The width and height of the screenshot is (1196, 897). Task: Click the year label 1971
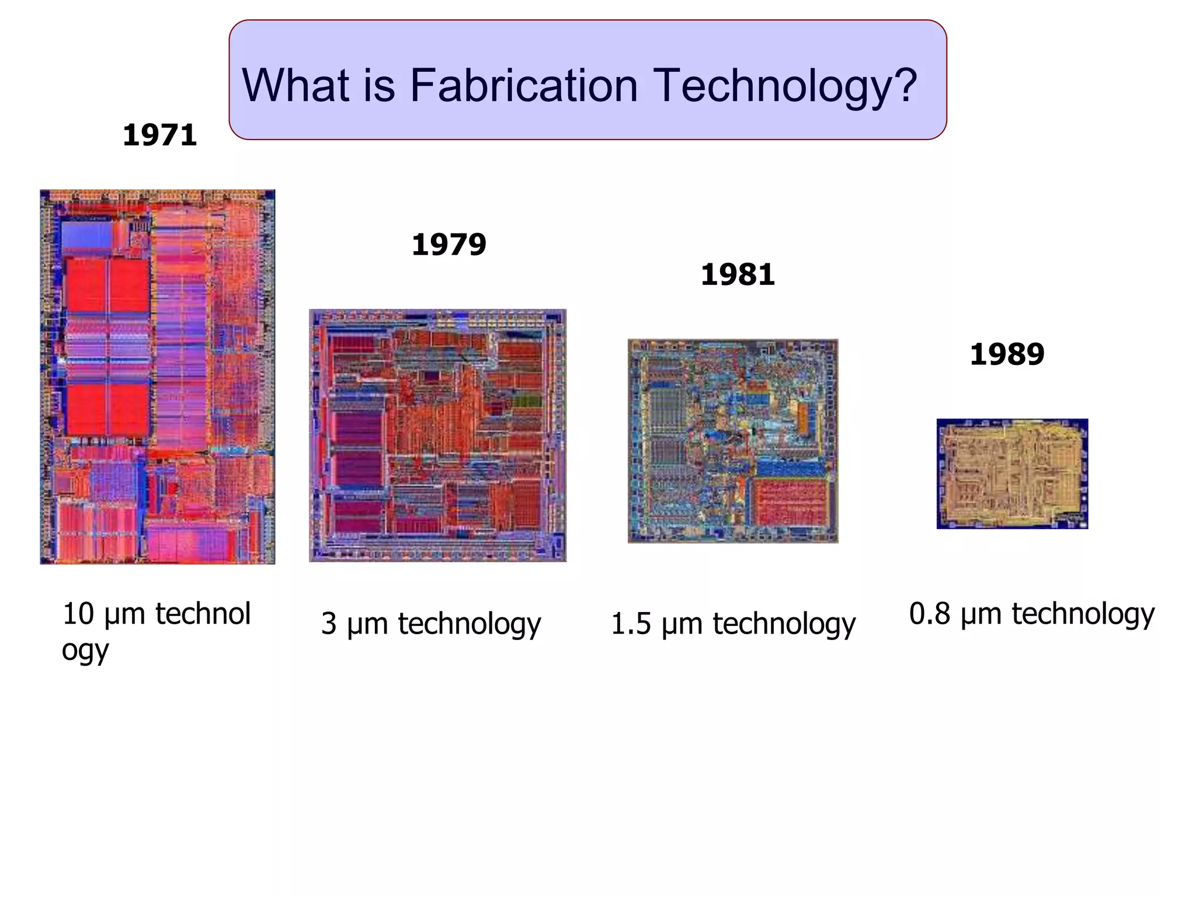tap(159, 135)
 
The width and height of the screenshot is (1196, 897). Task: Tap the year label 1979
tap(448, 245)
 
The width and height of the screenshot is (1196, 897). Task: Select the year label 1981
tap(738, 274)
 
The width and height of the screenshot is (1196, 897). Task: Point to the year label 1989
tap(1007, 354)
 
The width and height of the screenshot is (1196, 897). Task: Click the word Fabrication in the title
tap(523, 85)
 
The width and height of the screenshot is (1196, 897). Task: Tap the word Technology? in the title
tap(784, 86)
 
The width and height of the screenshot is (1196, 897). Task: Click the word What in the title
tap(296, 85)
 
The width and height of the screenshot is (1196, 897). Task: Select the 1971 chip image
tap(157, 377)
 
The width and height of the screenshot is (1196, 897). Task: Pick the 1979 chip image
tap(437, 435)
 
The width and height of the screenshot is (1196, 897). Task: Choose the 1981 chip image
tap(733, 441)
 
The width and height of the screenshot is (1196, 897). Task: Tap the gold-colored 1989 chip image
tap(1012, 474)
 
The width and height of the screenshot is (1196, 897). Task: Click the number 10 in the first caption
tap(78, 614)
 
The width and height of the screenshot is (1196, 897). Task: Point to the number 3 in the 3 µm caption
tap(329, 624)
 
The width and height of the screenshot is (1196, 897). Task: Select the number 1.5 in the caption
tap(630, 624)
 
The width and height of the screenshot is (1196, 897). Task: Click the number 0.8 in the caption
tap(929, 614)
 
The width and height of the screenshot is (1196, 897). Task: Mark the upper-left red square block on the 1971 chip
tap(86, 285)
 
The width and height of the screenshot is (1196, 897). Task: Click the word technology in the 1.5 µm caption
tap(784, 624)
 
